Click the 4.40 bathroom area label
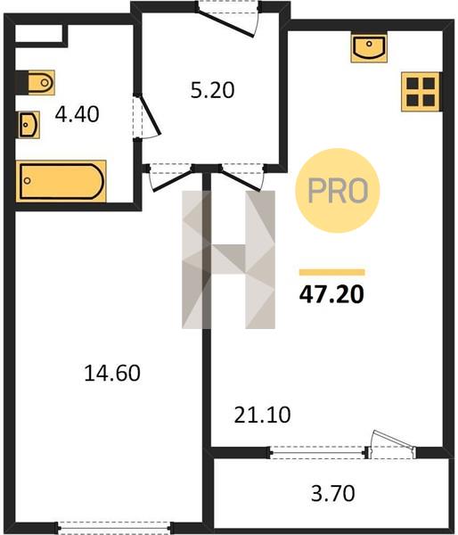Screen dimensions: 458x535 77,114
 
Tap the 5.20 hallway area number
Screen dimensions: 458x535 212,90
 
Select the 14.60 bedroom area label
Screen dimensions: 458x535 112,373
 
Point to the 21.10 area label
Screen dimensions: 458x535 262,415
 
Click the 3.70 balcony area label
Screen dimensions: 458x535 333,493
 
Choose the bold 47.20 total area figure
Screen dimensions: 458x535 331,294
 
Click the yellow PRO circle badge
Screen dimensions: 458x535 338,191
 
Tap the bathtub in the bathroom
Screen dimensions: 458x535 61,181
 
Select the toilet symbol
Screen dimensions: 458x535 36,82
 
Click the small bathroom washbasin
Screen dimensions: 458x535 29,125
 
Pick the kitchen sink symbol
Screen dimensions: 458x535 369,46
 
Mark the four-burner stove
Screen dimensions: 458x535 421,92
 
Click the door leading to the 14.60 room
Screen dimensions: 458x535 170,179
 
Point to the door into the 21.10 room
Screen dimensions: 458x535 242,178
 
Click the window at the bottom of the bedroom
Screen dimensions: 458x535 115,527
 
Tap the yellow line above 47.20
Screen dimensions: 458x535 332,272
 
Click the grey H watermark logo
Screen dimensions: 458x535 228,259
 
